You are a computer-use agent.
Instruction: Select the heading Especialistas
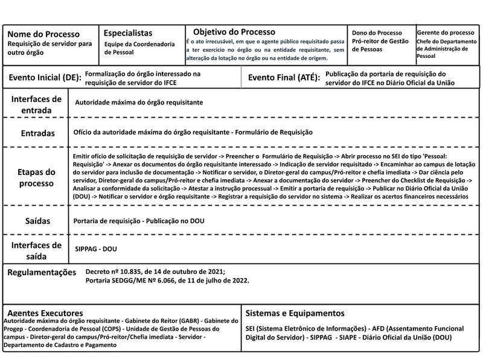[x=128, y=33]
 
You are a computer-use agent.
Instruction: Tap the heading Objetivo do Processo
[x=234, y=31]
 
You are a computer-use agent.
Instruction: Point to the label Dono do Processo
[x=377, y=33]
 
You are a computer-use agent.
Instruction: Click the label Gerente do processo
[x=446, y=32]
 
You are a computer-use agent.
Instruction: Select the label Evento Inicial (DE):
[x=45, y=78]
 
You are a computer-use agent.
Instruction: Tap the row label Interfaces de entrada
[x=36, y=104]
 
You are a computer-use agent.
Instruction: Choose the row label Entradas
[x=37, y=133]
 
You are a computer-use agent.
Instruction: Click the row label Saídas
[x=37, y=221]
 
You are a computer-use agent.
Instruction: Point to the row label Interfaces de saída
[x=36, y=250]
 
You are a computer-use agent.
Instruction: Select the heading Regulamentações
[x=42, y=273]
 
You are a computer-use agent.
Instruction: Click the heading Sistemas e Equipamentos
[x=296, y=314]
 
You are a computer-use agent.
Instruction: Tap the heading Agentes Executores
[x=45, y=314]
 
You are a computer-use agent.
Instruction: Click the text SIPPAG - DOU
[x=95, y=249]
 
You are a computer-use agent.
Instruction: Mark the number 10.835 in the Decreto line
[x=129, y=272]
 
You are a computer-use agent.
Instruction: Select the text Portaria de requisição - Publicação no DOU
[x=139, y=221]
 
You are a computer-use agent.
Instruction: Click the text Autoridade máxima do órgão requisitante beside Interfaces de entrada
[x=139, y=103]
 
